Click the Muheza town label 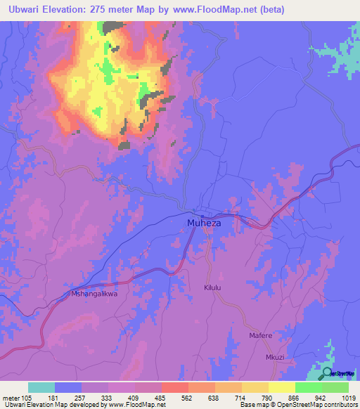pos(203,223)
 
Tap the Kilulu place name pos(213,288)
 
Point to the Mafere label pos(260,336)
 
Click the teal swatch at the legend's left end pos(41,387)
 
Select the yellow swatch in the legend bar pos(282,387)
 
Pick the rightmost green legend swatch pos(335,387)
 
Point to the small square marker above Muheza pos(202,216)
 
